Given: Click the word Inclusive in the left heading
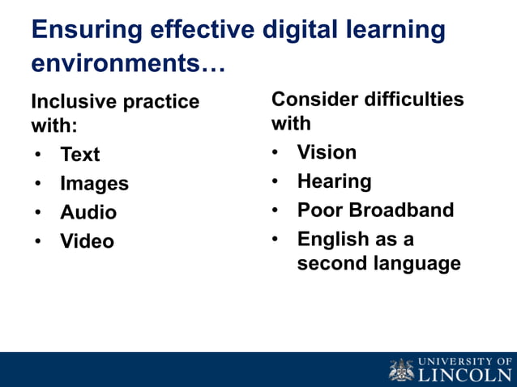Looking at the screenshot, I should point(74,102).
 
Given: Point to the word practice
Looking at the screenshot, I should point(161,102).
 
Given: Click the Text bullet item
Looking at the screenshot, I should point(79,154).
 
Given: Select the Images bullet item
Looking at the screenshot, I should point(94,183).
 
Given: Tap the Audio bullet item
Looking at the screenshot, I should point(88,212).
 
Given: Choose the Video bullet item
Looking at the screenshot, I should point(87,241).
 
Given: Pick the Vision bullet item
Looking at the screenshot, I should point(327,152).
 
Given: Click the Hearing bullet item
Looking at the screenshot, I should point(334,181).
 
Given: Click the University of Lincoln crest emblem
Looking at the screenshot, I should point(401,369).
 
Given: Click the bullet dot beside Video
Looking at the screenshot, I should point(39,241).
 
